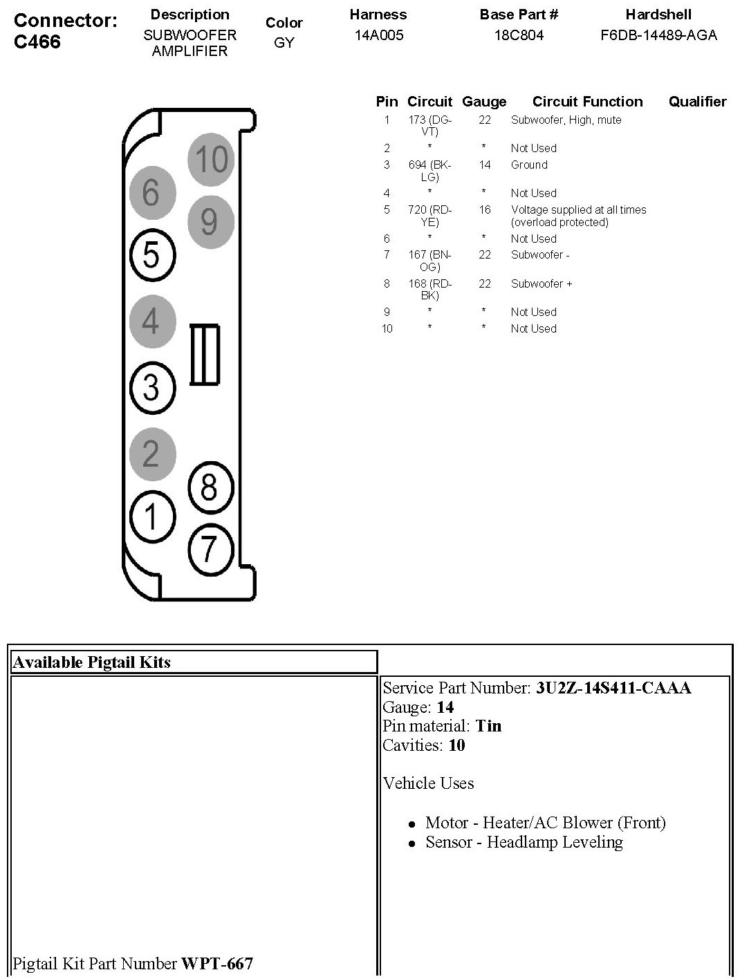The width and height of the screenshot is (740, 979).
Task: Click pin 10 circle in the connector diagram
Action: coord(211,160)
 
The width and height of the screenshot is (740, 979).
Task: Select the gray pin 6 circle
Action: coord(151,192)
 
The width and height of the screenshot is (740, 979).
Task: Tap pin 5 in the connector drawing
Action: coord(152,256)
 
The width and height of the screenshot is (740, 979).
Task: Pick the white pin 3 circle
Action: coord(152,386)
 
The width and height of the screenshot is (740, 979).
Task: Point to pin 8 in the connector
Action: coord(210,487)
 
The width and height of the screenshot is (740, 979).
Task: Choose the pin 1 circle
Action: coord(152,515)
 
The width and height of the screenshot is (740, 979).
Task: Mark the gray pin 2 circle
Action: coord(151,454)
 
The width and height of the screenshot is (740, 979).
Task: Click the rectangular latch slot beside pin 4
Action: coord(205,354)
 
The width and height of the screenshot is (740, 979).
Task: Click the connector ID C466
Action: coord(37,42)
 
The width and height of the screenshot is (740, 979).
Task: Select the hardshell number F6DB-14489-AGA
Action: coord(658,35)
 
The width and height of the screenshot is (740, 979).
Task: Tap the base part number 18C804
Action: coord(519,35)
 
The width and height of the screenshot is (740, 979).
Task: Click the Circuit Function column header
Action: coord(587,102)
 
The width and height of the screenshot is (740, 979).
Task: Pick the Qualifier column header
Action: coord(697,102)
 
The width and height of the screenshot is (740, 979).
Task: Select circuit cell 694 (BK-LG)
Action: coord(429,171)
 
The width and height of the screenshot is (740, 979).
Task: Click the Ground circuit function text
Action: coord(529,165)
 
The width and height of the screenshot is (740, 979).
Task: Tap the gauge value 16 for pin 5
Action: coord(484,209)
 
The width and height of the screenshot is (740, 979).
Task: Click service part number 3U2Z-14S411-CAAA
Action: coord(613,688)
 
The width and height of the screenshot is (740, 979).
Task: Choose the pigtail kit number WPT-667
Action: coord(217,963)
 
